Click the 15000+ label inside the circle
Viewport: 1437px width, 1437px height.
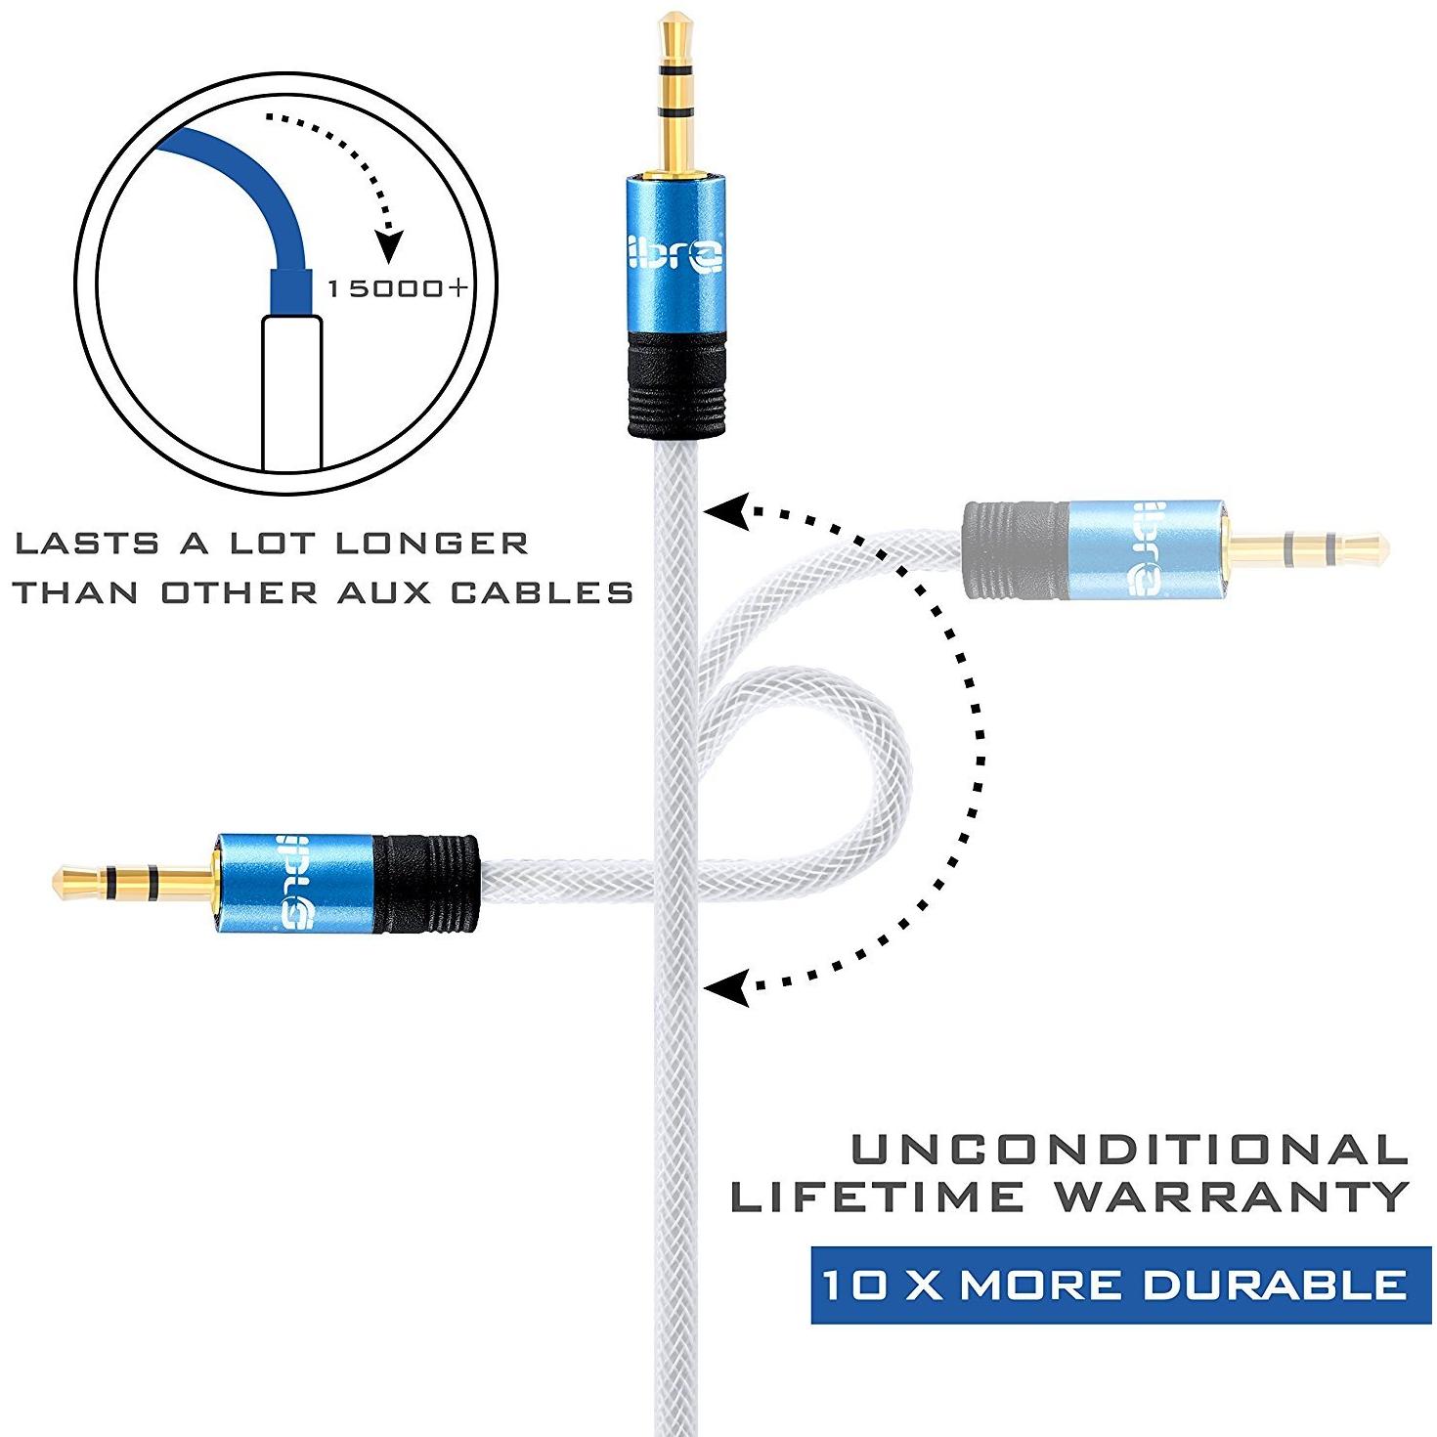398,287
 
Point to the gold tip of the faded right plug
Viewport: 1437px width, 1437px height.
1374,548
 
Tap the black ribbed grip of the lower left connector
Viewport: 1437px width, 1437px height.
425,884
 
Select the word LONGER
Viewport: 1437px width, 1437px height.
432,543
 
